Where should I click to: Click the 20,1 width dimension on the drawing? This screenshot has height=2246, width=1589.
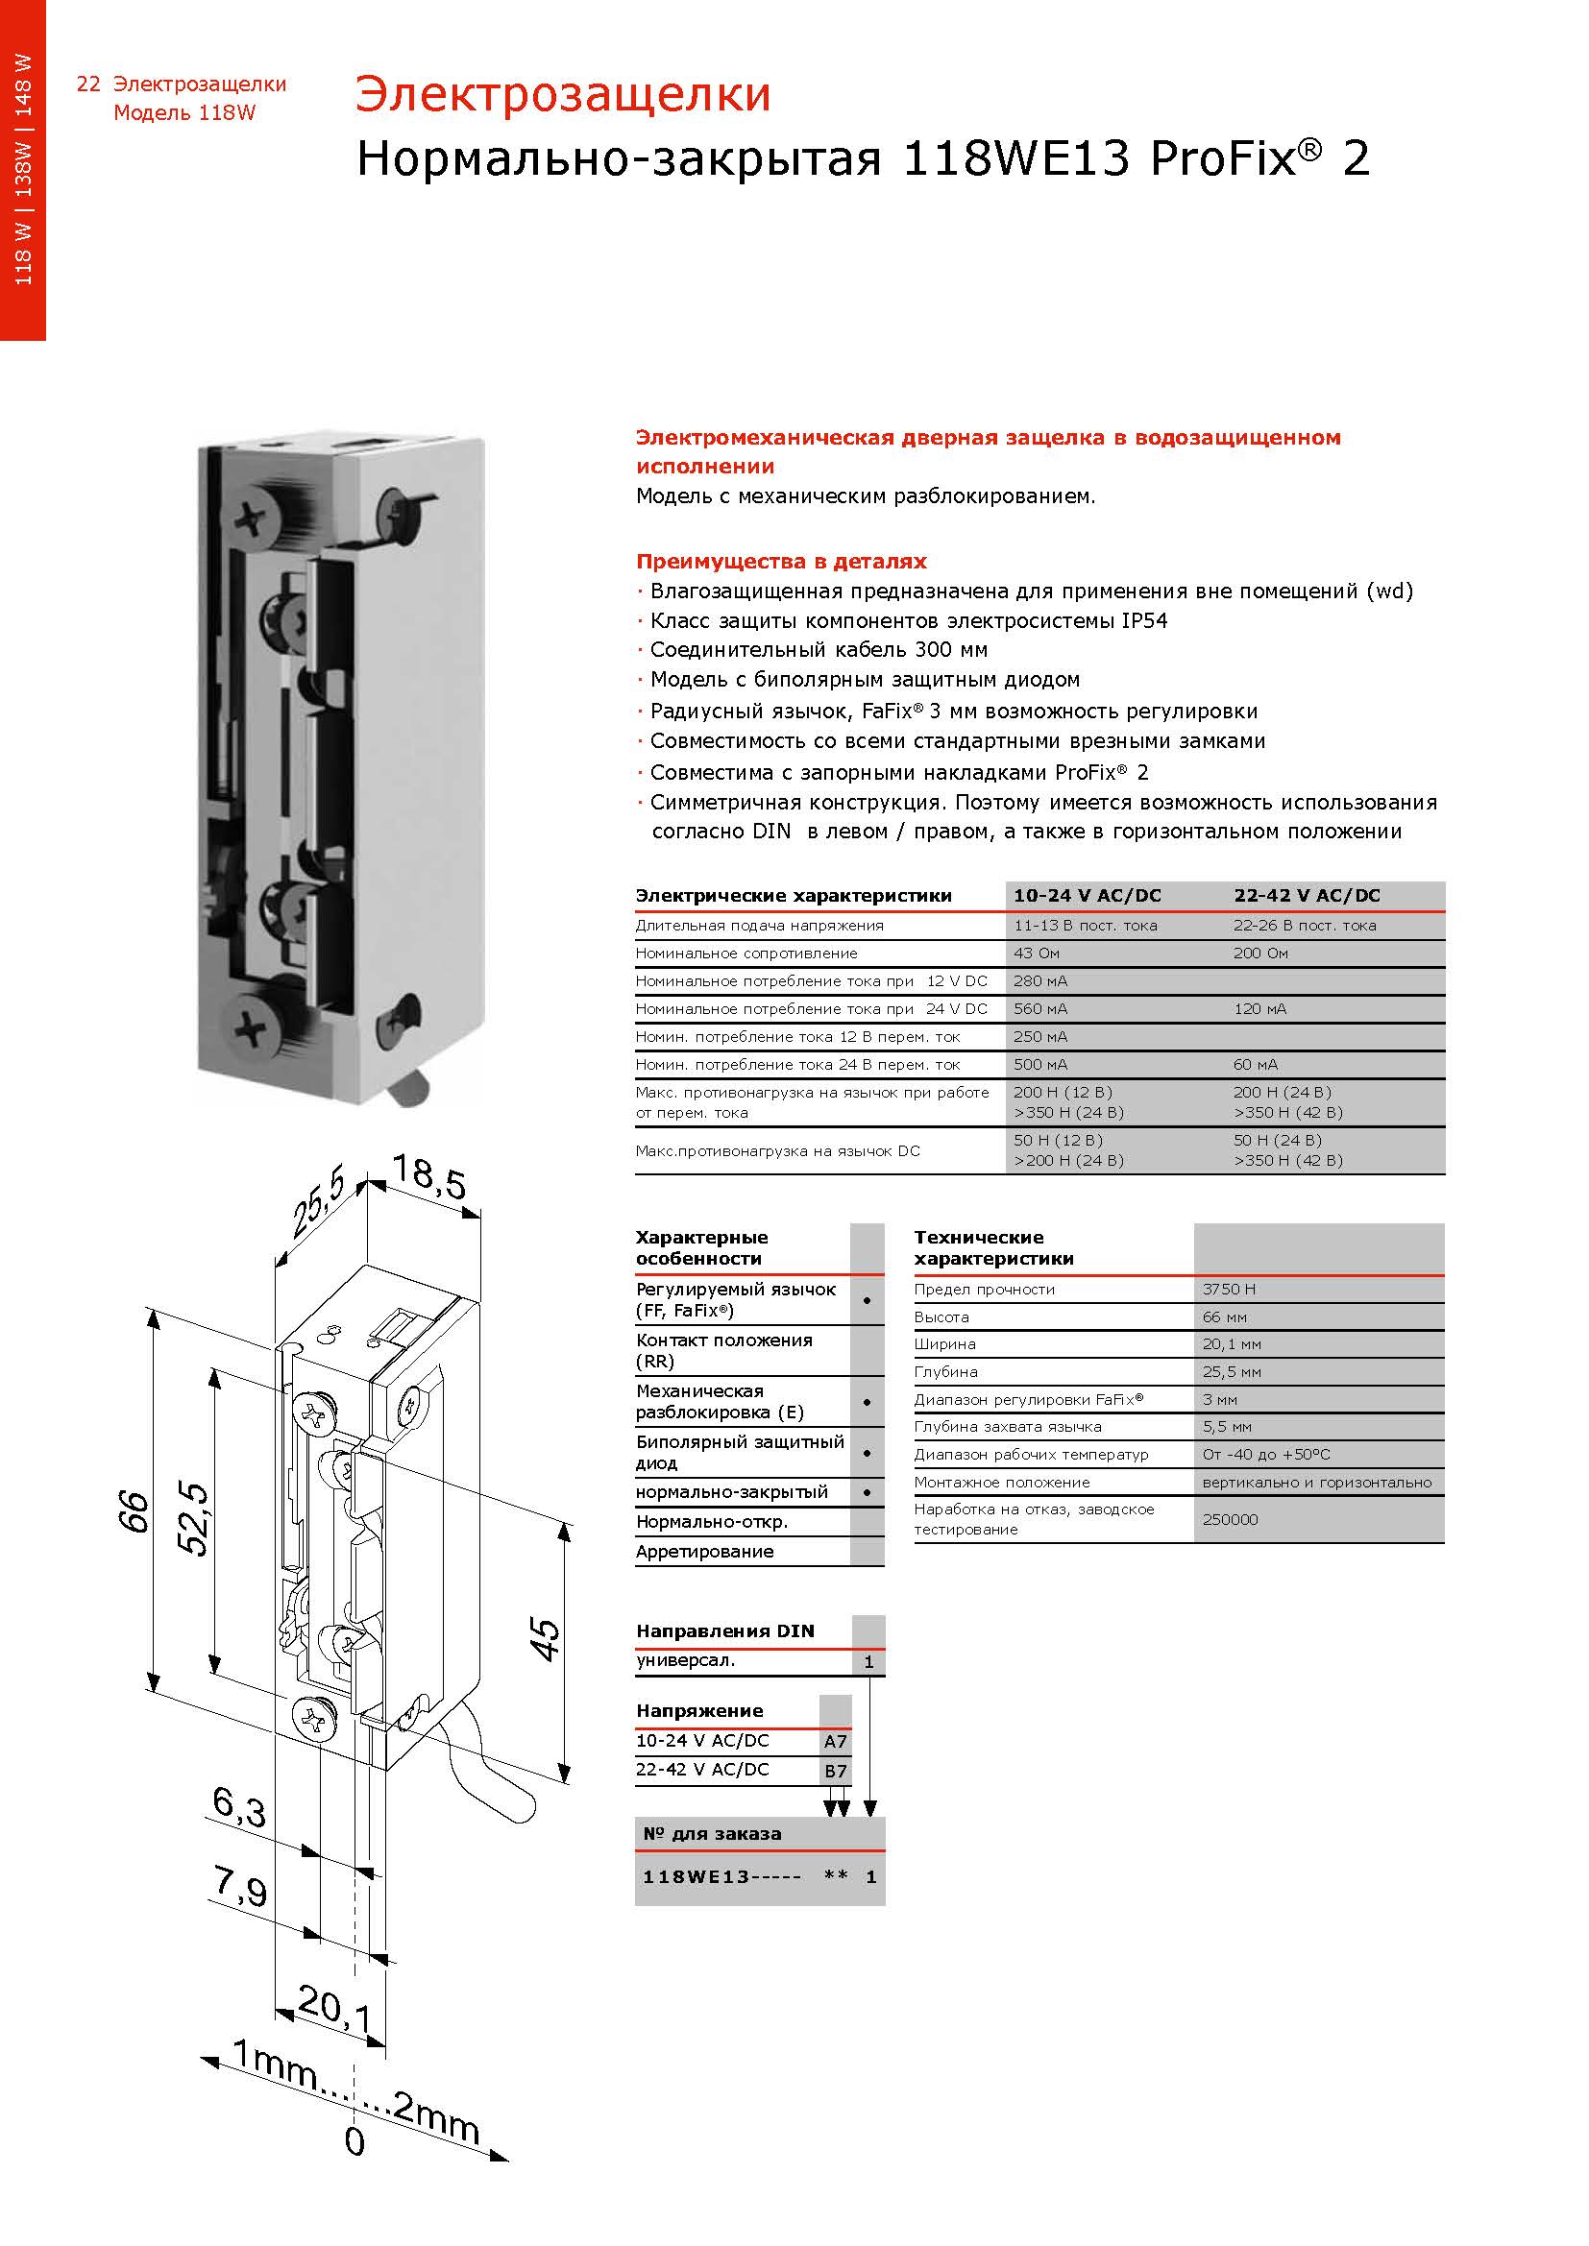tap(333, 2007)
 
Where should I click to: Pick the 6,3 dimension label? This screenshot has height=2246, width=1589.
tap(239, 1807)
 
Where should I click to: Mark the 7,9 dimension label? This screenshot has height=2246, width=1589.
tap(240, 1886)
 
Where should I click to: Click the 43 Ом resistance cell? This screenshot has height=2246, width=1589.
tap(1037, 954)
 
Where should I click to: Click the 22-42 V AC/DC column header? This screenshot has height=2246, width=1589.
tap(1307, 896)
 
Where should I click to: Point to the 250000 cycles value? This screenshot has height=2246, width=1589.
tap(1230, 1519)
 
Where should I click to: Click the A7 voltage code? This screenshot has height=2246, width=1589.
tap(835, 1741)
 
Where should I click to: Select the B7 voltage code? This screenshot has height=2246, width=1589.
tap(835, 1771)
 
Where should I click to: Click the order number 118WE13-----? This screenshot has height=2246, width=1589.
tap(721, 1877)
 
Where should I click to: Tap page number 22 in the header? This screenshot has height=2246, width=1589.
tap(88, 85)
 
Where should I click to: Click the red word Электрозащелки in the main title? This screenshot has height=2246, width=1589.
tap(563, 95)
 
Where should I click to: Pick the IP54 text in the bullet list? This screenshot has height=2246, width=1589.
tap(1144, 621)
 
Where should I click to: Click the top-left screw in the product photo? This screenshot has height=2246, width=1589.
tap(252, 520)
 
